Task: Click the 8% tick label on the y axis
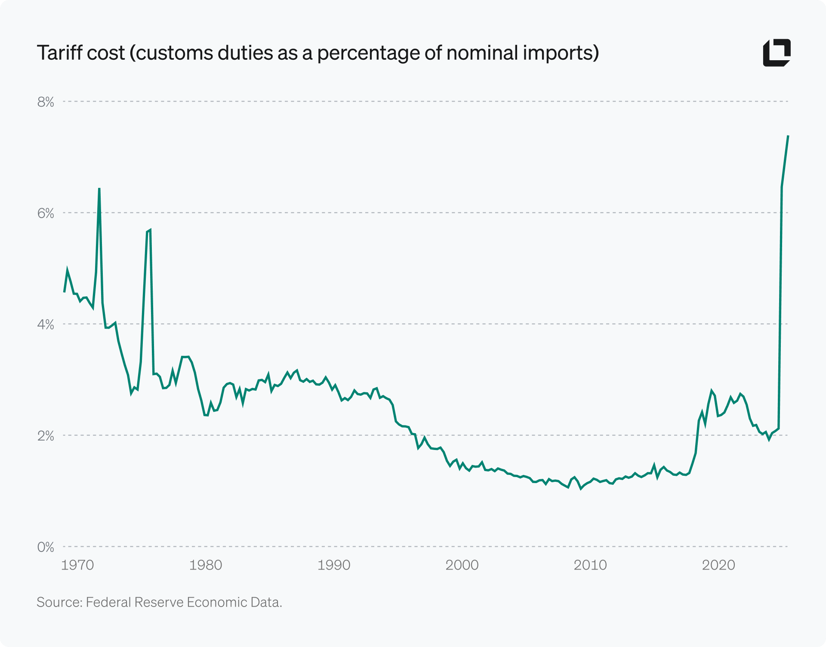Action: [x=46, y=102]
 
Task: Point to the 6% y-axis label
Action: [x=46, y=213]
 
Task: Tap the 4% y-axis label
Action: [x=46, y=324]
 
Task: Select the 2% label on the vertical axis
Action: [x=46, y=436]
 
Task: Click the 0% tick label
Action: [x=46, y=547]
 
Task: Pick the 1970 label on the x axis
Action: [x=77, y=565]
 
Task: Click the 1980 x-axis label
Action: [x=206, y=565]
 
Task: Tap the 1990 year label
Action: [x=334, y=565]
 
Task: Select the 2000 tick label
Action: [x=462, y=565]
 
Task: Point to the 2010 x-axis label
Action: [x=590, y=565]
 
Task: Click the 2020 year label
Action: [x=718, y=565]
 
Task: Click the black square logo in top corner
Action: [x=777, y=53]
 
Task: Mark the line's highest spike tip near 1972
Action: [x=99, y=188]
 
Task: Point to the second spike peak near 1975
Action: [x=150, y=230]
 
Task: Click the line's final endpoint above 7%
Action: [x=788, y=136]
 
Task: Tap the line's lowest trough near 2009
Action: [x=581, y=489]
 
